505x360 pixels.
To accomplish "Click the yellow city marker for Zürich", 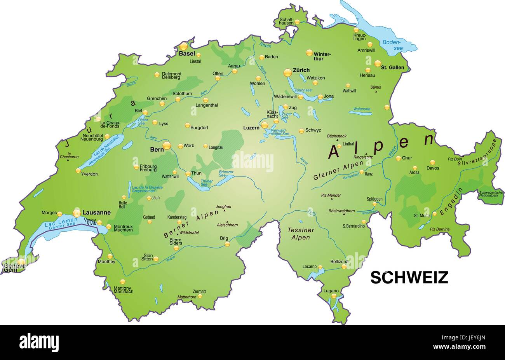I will coord(287,72).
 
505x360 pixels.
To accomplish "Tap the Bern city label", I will coord(156,149).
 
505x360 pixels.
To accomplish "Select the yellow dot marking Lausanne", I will coord(77,213).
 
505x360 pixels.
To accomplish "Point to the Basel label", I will coord(187,54).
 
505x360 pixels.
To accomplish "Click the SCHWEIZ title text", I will coord(409,277).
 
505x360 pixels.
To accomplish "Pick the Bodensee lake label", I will coord(392,45).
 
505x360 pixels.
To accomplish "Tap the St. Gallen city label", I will coord(392,67).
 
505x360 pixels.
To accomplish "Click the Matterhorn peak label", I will coord(187,297).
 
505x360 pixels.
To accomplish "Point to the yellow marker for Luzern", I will coord(265,125).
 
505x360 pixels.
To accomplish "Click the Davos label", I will coord(433,168).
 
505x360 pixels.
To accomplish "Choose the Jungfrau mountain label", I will coord(223,206).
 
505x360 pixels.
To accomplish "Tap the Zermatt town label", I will coord(199,291).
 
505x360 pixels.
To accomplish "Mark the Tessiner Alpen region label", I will coord(301,234).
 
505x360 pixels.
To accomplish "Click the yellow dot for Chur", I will coord(398,158).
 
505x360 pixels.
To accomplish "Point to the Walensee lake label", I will coord(362,109).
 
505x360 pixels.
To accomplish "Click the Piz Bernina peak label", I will coord(439,229).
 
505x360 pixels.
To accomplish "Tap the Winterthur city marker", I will coord(309,52).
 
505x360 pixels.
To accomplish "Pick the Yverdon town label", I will coord(89,174).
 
